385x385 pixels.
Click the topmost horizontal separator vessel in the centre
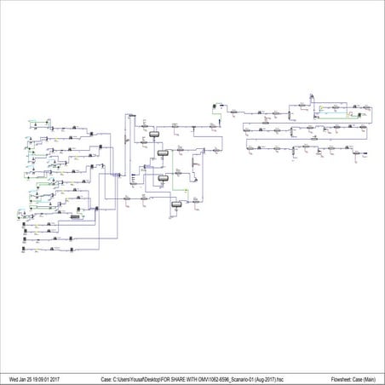click(x=155, y=135)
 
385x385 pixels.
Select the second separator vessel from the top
click(x=162, y=154)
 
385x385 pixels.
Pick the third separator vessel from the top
click(x=164, y=179)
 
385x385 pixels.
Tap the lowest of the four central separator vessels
click(x=177, y=204)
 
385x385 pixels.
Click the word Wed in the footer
click(x=14, y=378)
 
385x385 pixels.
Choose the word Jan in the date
click(x=23, y=378)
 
